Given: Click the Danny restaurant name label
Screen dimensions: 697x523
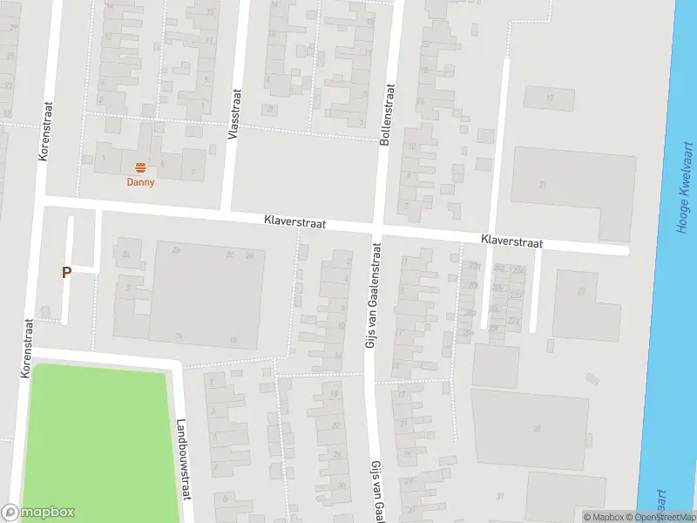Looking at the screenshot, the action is (x=140, y=182).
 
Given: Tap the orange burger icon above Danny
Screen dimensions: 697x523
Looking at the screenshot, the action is (x=140, y=167).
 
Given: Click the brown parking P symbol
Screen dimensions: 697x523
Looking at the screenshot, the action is (x=66, y=272).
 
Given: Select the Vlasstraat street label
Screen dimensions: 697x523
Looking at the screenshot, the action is (x=233, y=112).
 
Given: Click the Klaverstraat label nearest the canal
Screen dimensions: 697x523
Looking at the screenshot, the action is (x=511, y=241).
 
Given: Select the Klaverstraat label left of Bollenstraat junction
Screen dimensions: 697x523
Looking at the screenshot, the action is (x=295, y=223).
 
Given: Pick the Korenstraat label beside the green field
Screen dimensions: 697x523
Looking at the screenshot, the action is (x=27, y=347).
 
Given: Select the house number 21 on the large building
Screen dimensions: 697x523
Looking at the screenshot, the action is (x=544, y=185).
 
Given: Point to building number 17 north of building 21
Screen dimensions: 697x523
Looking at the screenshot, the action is (x=550, y=98).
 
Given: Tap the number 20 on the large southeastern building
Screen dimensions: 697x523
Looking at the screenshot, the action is (x=538, y=428).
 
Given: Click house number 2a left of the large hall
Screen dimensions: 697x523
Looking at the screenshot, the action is (x=126, y=254).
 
